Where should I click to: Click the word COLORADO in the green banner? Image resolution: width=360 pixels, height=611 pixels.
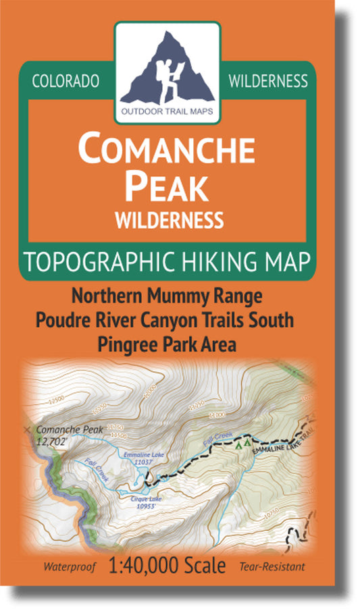coord(66,81)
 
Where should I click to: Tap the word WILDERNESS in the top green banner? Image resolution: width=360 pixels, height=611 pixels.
coord(268,81)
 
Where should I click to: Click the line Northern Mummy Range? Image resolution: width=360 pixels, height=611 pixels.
coord(168,296)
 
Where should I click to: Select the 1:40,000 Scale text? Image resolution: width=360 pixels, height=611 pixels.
coord(167,566)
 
